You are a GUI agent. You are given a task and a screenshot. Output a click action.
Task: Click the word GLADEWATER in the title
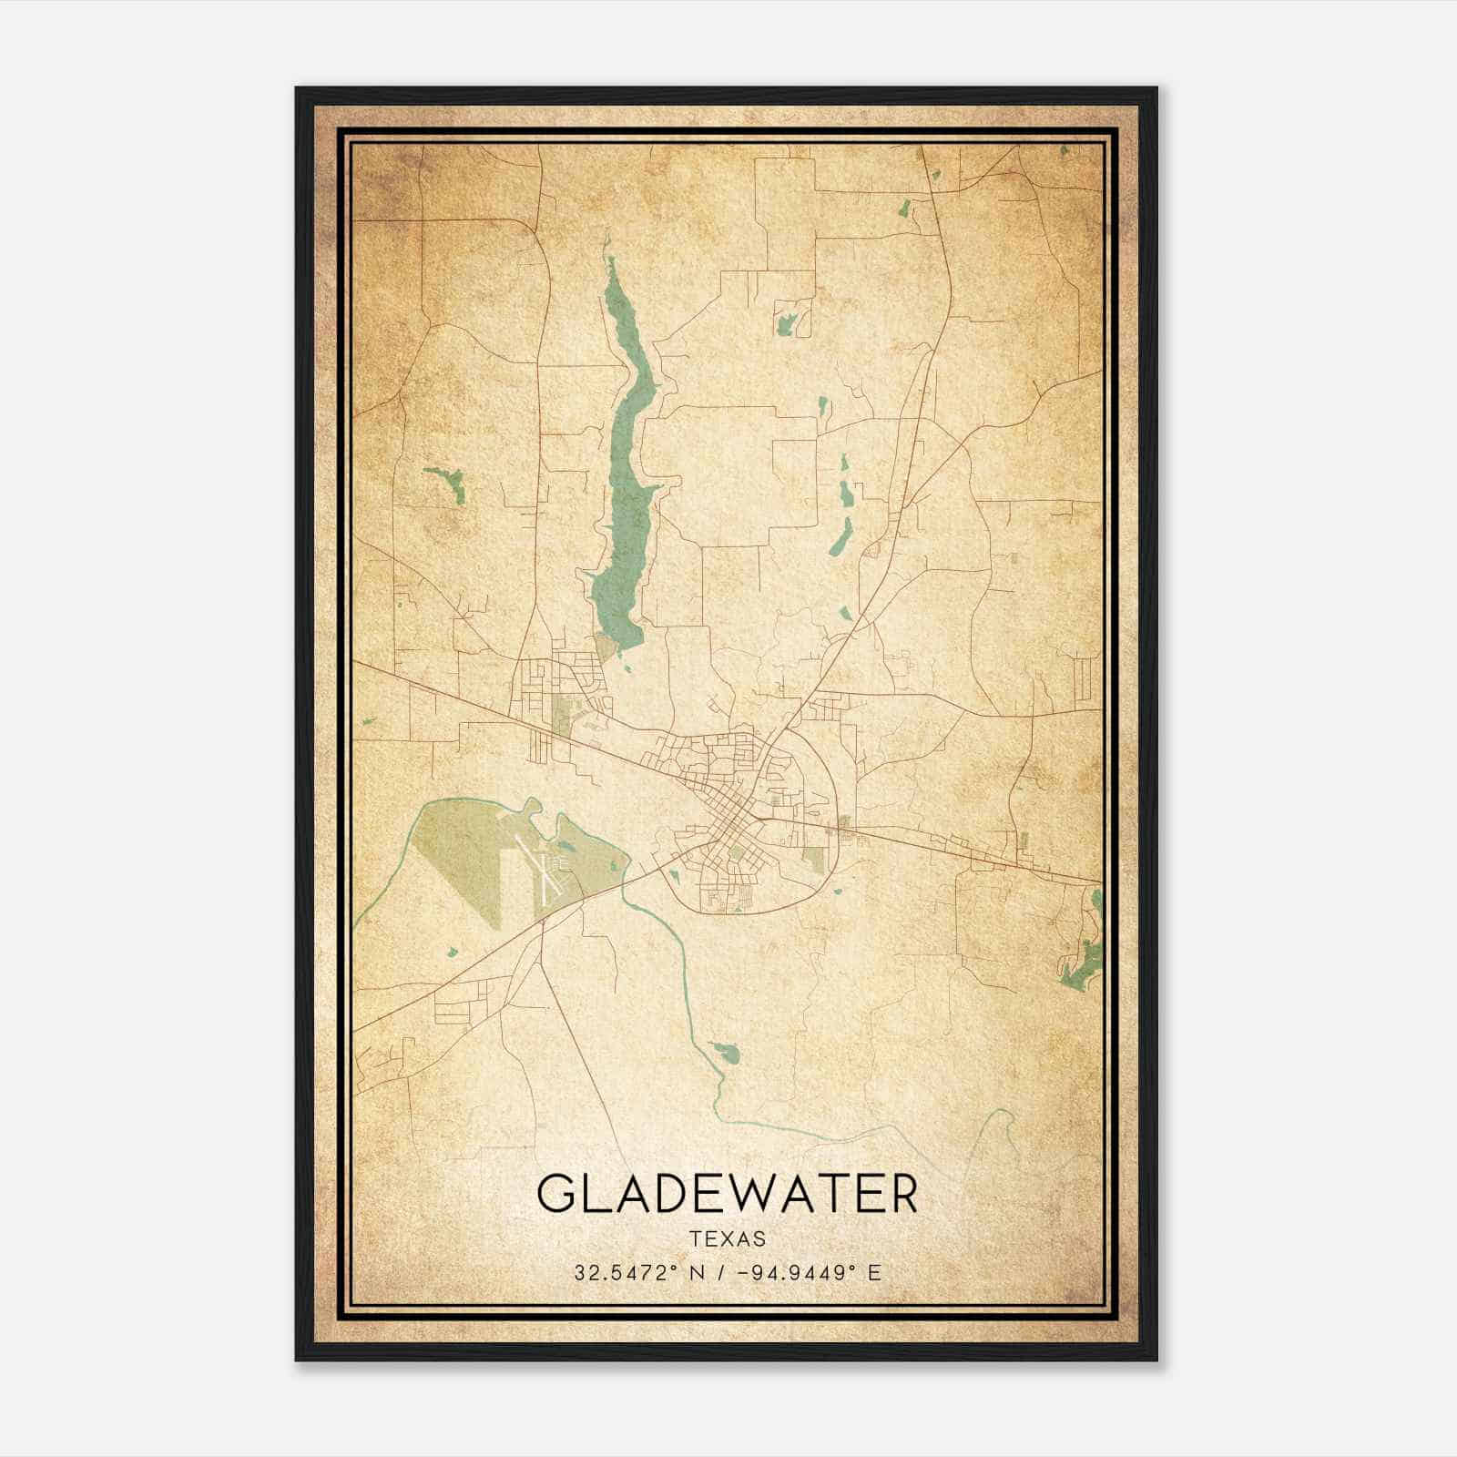coord(727,1194)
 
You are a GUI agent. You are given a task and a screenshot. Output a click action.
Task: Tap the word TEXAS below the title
coord(727,1239)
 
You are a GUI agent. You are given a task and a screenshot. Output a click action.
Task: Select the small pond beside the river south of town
coord(725,1054)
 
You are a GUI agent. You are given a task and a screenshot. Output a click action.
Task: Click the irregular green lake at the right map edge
coord(1084,956)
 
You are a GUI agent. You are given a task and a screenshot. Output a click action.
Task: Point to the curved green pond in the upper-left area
coord(446,481)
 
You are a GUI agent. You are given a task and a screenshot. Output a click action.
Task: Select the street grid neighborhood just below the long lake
coord(555,683)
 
